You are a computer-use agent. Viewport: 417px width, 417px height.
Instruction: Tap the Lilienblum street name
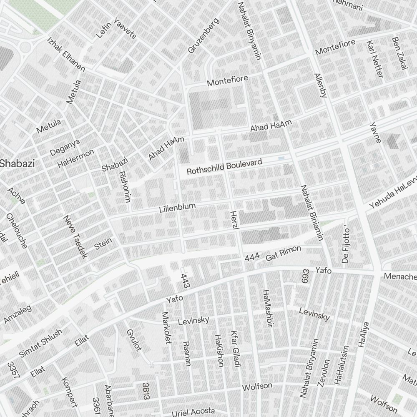(x=177, y=207)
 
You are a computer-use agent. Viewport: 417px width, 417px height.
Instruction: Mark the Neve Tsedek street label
(x=75, y=237)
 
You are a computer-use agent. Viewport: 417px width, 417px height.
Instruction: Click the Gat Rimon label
(x=283, y=254)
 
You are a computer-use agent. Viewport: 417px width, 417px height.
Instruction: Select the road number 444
(x=252, y=258)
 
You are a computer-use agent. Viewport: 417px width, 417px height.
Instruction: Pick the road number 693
(x=305, y=276)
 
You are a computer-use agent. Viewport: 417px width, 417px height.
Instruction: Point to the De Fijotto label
(x=345, y=246)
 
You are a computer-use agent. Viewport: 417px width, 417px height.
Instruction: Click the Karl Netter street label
(x=374, y=59)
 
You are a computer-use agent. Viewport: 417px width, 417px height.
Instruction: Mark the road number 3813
(x=146, y=391)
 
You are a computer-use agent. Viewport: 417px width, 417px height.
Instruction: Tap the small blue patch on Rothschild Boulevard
(x=281, y=158)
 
